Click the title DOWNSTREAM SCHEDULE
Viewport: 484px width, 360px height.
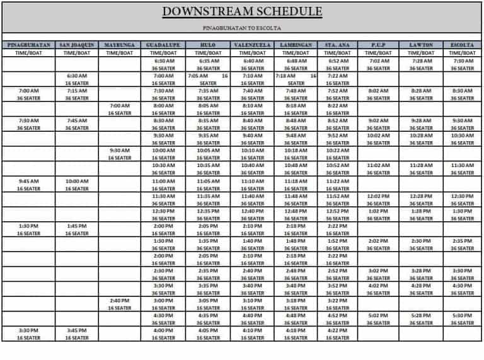(242, 12)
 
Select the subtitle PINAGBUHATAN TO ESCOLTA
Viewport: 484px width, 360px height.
(242, 28)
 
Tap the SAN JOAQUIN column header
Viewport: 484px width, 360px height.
(77, 45)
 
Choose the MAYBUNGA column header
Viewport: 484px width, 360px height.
(119, 45)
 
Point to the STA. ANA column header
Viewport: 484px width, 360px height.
(338, 45)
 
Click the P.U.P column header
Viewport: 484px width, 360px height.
(378, 45)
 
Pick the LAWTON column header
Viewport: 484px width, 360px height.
(420, 45)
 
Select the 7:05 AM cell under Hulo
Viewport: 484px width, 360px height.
(200, 76)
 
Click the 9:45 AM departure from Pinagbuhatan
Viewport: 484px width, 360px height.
(29, 180)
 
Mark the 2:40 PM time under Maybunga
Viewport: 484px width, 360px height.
(119, 300)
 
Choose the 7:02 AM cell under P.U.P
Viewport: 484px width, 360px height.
(378, 61)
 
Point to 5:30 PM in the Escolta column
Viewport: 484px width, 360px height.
(463, 315)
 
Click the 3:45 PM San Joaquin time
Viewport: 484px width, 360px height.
(77, 330)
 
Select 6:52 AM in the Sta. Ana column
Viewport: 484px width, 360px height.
(338, 61)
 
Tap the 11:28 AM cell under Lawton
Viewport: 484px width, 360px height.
(420, 165)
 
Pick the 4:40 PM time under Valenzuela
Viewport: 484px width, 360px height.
(252, 315)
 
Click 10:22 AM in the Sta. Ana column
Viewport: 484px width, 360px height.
(338, 151)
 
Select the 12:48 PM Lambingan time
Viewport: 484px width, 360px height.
(296, 211)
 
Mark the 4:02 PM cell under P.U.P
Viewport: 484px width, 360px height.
(378, 285)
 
